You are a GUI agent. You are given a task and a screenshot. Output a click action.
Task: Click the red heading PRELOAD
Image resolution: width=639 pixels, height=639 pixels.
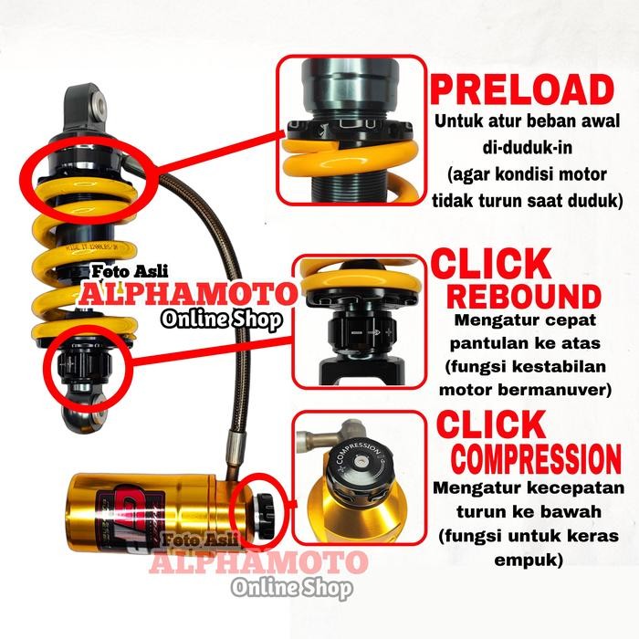(522, 91)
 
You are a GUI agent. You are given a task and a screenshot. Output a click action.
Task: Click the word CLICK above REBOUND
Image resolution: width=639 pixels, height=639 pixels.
(492, 265)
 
